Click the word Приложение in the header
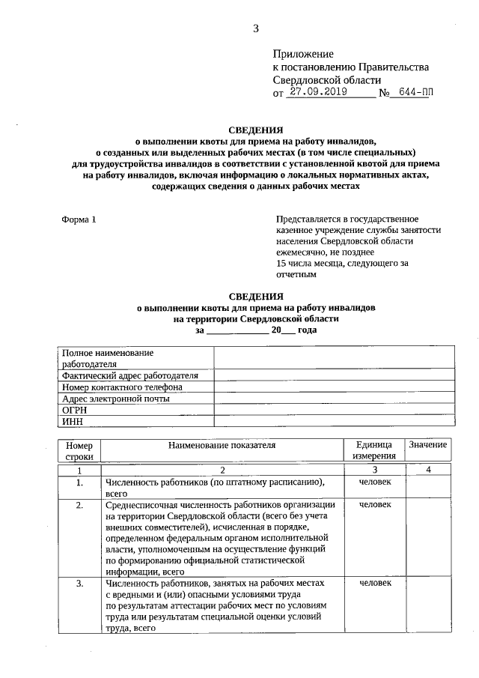(302, 54)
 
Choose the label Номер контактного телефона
(122, 387)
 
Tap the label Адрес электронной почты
(116, 399)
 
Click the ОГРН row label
(75, 410)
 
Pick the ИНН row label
(72, 422)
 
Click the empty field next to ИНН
(332, 422)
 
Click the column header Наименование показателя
(222, 445)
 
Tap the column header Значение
(428, 445)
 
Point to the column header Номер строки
(79, 450)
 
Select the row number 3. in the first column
(79, 583)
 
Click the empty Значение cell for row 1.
(428, 487)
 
